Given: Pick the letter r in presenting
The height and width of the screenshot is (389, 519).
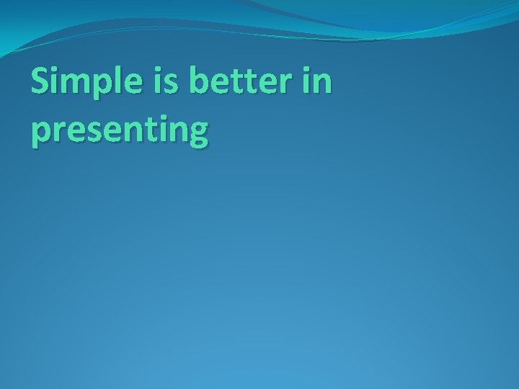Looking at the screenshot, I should click(x=61, y=131).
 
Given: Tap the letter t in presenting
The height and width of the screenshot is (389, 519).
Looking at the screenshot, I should click(x=151, y=130).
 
